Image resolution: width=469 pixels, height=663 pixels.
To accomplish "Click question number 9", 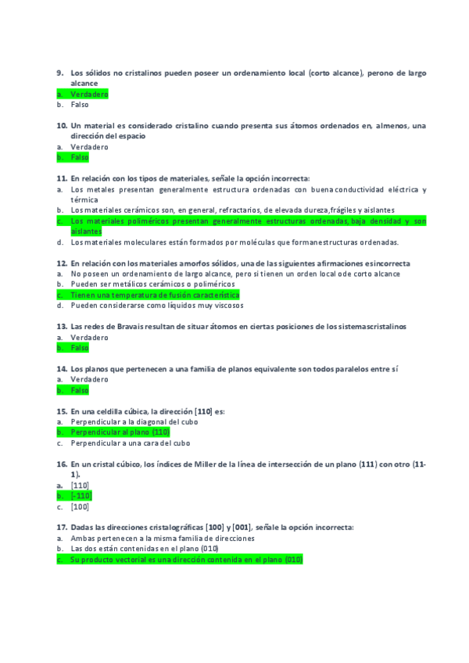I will click(x=59, y=73).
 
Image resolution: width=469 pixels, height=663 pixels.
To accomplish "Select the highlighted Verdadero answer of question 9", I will click(x=88, y=94).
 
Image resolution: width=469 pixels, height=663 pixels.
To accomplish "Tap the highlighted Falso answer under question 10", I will click(x=79, y=157).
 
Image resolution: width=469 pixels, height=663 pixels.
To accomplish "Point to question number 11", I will click(x=61, y=178).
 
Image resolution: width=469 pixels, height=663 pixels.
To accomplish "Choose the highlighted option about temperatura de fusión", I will click(x=154, y=295).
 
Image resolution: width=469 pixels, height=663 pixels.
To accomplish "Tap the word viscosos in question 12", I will click(x=227, y=306).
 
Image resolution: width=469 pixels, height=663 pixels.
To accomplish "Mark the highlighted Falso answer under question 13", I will click(x=79, y=348).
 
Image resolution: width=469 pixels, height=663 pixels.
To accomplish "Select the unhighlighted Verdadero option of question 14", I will click(x=89, y=379).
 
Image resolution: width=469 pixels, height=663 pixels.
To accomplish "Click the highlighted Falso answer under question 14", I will click(x=79, y=389).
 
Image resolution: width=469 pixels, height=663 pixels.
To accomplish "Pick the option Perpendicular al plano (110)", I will click(x=120, y=432).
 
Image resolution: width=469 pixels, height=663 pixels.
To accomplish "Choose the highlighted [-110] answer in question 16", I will click(x=81, y=496).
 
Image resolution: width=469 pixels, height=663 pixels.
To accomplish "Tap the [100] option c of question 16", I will click(x=79, y=507).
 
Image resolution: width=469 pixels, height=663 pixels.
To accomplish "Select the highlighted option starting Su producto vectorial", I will click(x=185, y=559).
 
